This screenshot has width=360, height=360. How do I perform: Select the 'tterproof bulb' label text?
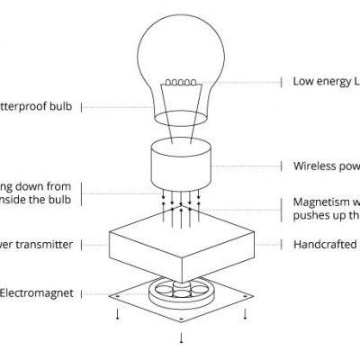pyautogui.click(x=38, y=106)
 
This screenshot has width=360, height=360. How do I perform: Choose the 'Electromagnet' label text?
pyautogui.click(x=36, y=292)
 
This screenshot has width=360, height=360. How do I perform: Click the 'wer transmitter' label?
pyautogui.click(x=36, y=244)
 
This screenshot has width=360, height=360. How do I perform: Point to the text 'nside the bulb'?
pyautogui.click(x=36, y=199)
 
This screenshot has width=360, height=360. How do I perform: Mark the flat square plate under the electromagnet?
pyautogui.click(x=135, y=296)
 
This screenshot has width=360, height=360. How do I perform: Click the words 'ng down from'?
pyautogui.click(x=36, y=186)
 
